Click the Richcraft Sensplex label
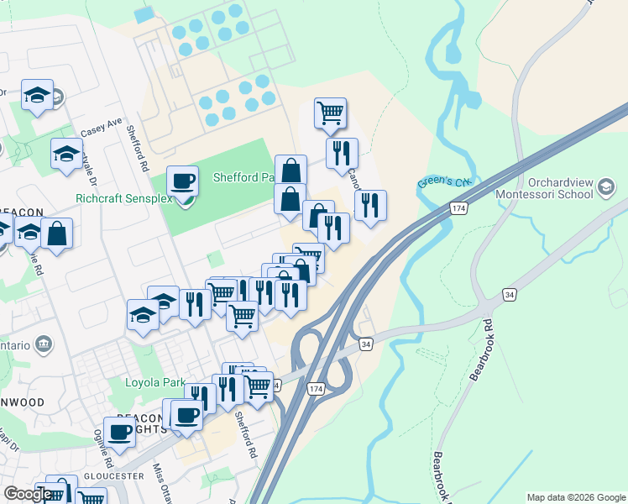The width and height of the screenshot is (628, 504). click(x=123, y=199)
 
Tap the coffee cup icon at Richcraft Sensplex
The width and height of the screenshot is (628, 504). click(x=182, y=181)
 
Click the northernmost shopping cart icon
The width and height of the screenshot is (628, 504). click(x=331, y=113)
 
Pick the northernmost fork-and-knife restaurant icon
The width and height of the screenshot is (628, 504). click(x=342, y=152)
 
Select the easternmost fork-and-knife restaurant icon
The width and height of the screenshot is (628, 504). click(x=370, y=204)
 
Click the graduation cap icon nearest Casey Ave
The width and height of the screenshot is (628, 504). click(x=66, y=154)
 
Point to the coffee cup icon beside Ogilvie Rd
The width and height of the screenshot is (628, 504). click(x=120, y=432)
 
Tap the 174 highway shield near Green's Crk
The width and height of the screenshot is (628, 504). click(x=457, y=207)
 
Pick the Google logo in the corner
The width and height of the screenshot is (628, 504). click(x=27, y=494)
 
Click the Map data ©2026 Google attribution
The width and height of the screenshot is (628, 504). click(x=575, y=496)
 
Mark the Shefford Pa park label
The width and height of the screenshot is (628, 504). click(x=243, y=178)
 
